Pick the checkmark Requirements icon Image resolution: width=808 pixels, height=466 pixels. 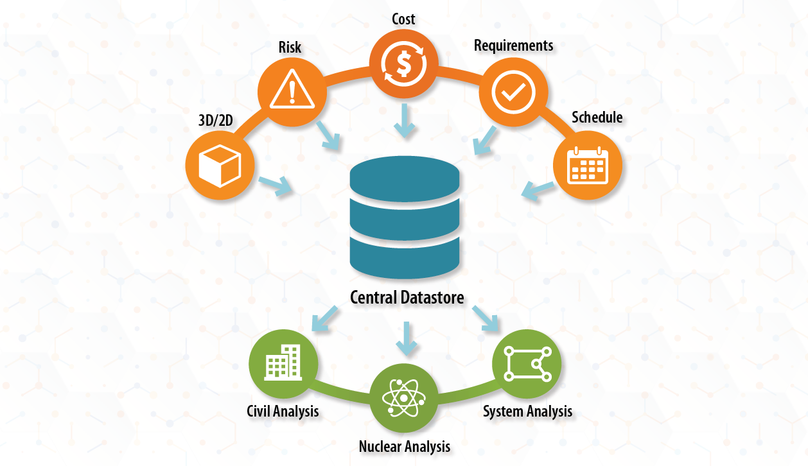point(513,91)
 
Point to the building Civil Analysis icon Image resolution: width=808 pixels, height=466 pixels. point(283,363)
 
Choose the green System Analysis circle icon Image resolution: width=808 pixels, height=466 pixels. point(527,363)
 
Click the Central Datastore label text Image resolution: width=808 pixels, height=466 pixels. point(407,297)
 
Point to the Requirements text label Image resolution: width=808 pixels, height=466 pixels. point(514,46)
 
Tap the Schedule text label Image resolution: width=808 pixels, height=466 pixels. point(597,117)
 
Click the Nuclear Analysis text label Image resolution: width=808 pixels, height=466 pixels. point(405,445)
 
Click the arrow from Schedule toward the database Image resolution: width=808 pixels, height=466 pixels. point(538,189)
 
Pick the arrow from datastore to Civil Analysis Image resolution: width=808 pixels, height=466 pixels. point(325,318)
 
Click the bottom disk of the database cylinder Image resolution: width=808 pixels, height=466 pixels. point(405,254)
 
